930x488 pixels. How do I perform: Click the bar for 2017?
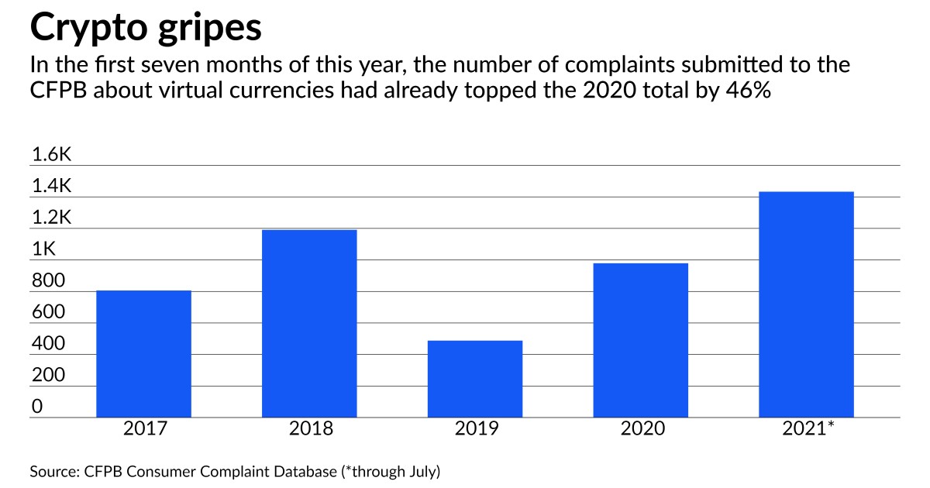tap(143, 353)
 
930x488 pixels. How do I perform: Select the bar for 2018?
tap(309, 323)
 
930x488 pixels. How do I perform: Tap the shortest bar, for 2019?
tap(475, 378)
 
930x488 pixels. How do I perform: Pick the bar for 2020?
tap(640, 339)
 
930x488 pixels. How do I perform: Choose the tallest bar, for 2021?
tap(806, 304)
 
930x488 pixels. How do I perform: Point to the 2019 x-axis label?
tap(475, 428)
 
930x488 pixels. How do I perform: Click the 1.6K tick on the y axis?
tap(51, 155)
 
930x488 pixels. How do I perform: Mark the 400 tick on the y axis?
tap(47, 344)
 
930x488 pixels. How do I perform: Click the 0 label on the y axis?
tap(36, 407)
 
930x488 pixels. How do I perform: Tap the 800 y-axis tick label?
tap(47, 281)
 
